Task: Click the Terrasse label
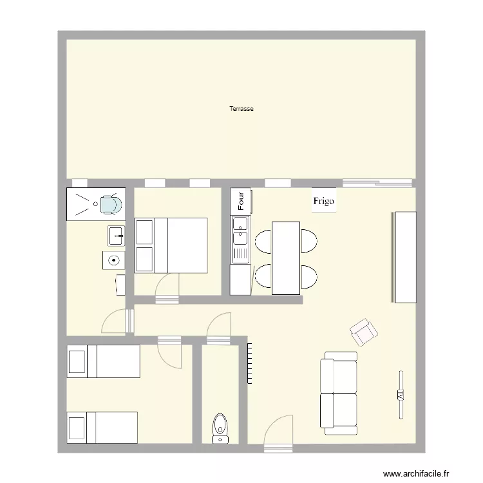(x=241, y=109)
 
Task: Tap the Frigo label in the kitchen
(x=323, y=201)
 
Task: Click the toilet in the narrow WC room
(x=220, y=427)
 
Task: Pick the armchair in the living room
(x=364, y=332)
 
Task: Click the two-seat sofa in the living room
(x=339, y=393)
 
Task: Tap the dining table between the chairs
(x=286, y=258)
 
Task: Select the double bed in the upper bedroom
(x=171, y=245)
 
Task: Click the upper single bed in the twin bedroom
(x=104, y=361)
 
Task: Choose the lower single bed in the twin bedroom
(x=103, y=428)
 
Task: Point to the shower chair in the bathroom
(x=109, y=204)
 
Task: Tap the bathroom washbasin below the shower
(x=117, y=235)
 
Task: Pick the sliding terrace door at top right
(x=379, y=183)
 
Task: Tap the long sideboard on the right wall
(x=403, y=256)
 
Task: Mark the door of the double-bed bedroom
(x=167, y=287)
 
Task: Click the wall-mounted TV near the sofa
(x=401, y=394)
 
